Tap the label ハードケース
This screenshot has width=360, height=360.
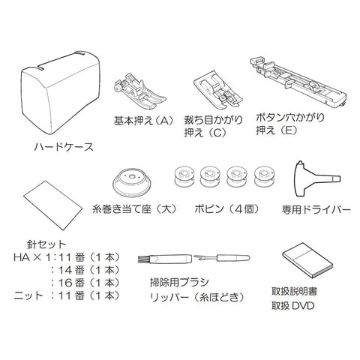pyautogui.click(x=64, y=147)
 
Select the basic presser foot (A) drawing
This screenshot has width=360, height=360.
pyautogui.click(x=139, y=91)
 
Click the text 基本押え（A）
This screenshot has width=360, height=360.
pyautogui.click(x=143, y=121)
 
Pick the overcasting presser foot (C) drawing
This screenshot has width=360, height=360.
pyautogui.click(x=217, y=92)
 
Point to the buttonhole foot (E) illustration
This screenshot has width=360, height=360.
pyautogui.click(x=298, y=81)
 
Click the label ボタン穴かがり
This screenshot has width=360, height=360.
pyautogui.click(x=290, y=118)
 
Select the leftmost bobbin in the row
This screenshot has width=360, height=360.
pyautogui.click(x=184, y=177)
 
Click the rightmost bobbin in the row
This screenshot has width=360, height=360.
pyautogui.click(x=264, y=177)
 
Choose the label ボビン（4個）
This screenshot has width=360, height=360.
pyautogui.click(x=226, y=209)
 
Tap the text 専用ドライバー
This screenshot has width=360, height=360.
pyautogui.click(x=316, y=209)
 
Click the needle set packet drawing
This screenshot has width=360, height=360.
pyautogui.click(x=53, y=205)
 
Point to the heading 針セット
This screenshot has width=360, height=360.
pyautogui.click(x=46, y=244)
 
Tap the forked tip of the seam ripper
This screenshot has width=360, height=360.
pyautogui.click(x=198, y=257)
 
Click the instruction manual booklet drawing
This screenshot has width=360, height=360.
pyautogui.click(x=308, y=260)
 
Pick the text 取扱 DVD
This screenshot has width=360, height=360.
pyautogui.click(x=293, y=306)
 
